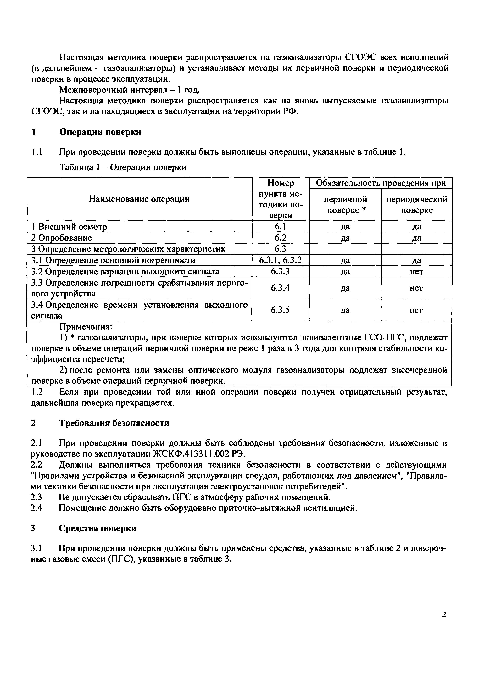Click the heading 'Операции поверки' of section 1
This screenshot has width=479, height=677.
(100, 132)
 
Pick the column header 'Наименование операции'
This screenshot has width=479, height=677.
(139, 199)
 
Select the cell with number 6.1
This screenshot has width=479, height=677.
(280, 226)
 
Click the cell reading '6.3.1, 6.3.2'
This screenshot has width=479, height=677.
(280, 260)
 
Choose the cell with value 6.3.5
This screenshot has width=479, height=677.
(280, 310)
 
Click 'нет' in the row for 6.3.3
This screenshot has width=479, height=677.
(416, 271)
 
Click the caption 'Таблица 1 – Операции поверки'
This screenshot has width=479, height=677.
(123, 167)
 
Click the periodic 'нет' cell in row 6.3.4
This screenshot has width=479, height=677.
(416, 288)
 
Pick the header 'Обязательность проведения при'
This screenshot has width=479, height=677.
(381, 183)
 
